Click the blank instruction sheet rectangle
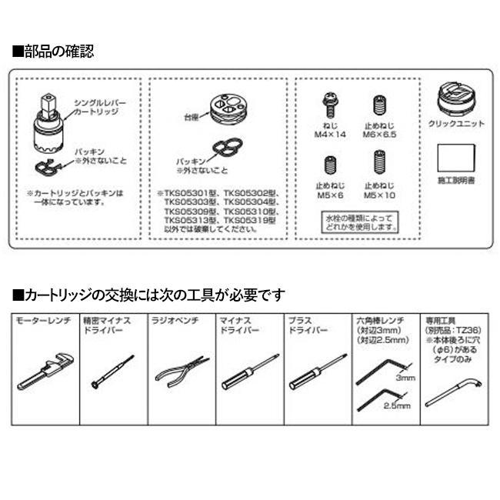tap(455, 161)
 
